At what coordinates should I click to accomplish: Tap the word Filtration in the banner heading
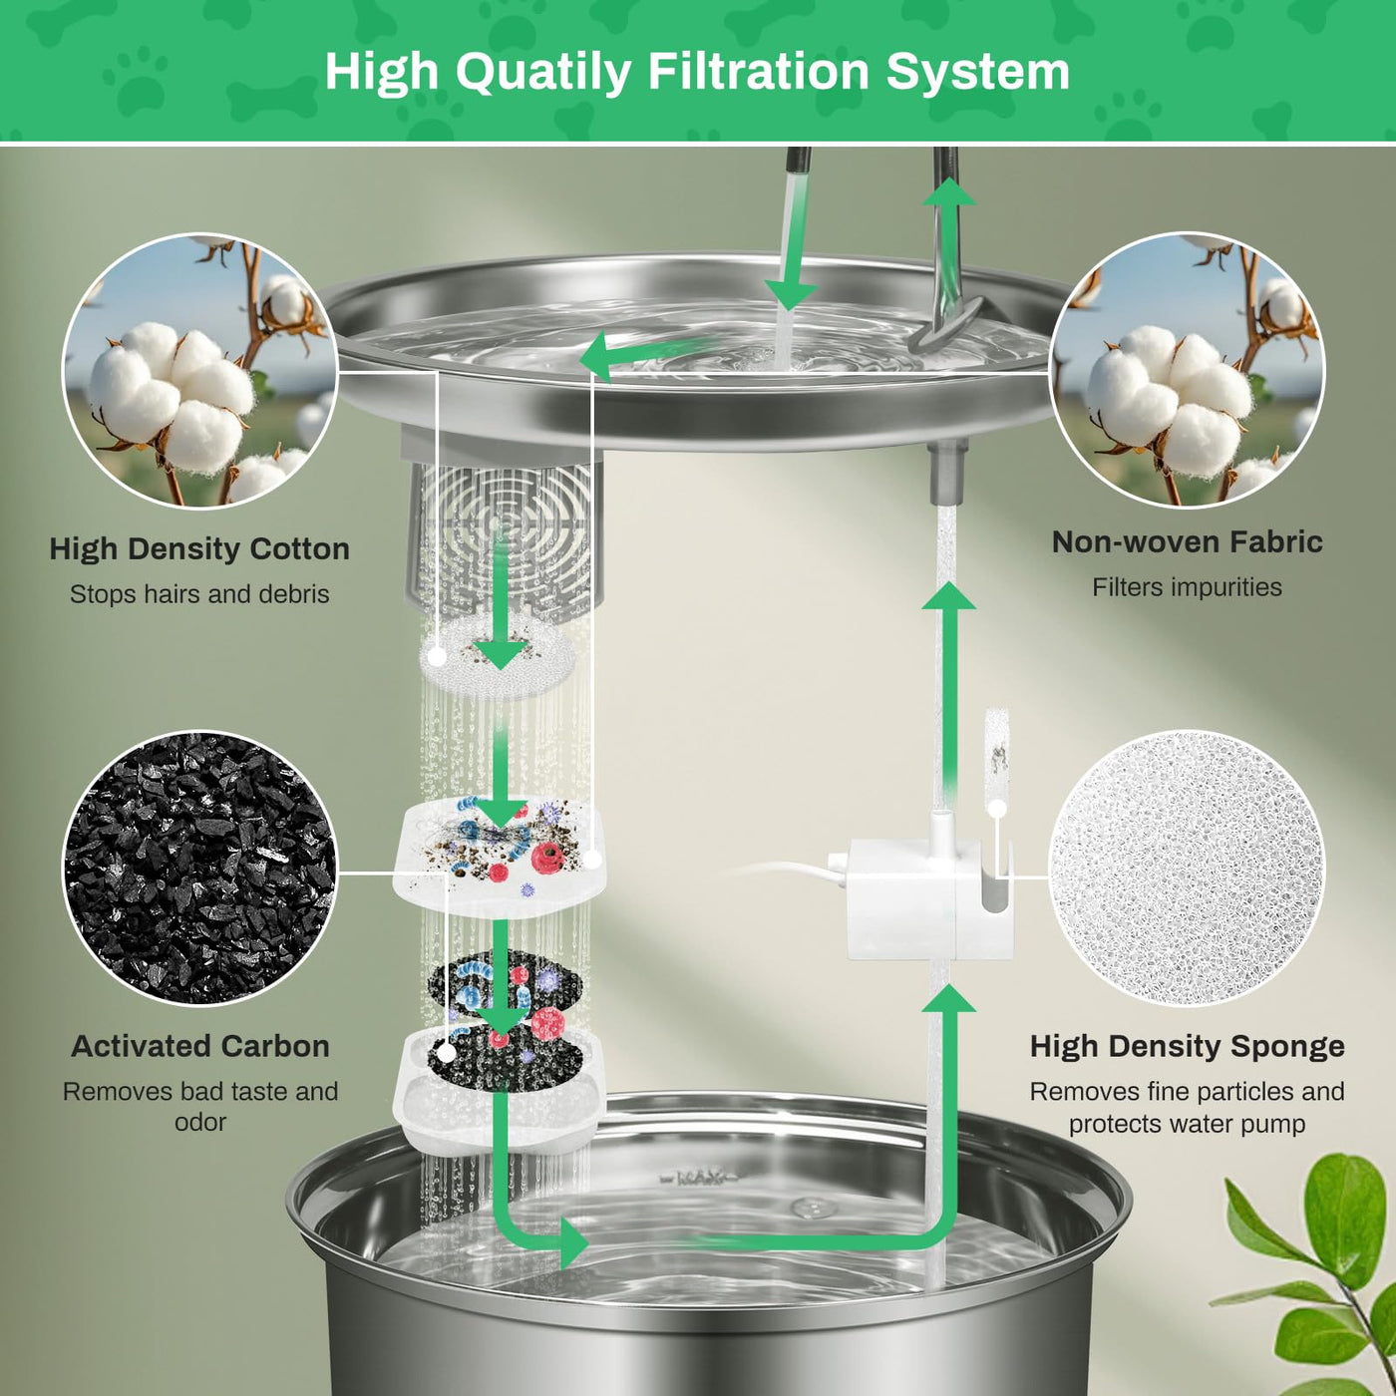(758, 71)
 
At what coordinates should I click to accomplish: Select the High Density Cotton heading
(199, 549)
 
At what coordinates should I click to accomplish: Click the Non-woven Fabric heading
(1187, 541)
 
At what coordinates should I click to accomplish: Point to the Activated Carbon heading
(200, 1046)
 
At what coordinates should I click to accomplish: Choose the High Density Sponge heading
(1187, 1047)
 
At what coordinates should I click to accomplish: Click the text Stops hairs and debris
(199, 594)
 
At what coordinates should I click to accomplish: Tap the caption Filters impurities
(1187, 586)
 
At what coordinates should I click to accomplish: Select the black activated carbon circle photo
(199, 868)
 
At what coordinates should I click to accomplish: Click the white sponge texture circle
(1187, 868)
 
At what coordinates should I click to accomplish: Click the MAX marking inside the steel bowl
(698, 1179)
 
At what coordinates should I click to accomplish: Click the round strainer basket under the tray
(505, 533)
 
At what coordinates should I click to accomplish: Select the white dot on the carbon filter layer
(448, 1053)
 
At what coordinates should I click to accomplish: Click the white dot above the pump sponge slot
(997, 809)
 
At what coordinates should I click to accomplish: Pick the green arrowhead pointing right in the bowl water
(574, 1243)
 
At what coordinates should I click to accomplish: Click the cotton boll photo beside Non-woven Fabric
(1187, 370)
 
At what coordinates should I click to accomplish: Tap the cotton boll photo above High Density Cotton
(199, 370)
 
